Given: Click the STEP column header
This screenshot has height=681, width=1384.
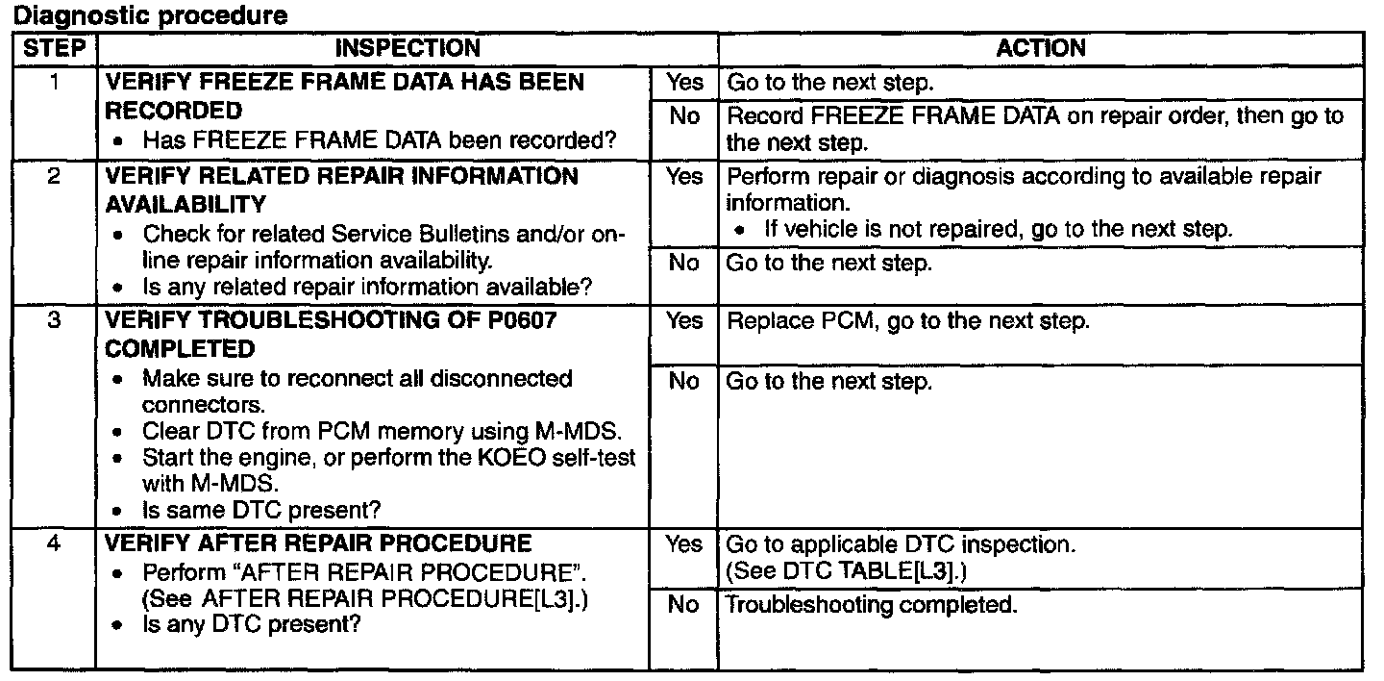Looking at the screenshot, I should click(54, 48).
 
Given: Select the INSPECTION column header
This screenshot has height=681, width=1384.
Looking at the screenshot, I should click(408, 48).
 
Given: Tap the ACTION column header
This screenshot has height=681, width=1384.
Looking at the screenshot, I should click(1041, 48).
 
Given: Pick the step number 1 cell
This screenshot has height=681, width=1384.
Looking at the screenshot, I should click(54, 83).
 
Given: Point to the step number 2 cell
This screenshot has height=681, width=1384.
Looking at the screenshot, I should click(54, 177).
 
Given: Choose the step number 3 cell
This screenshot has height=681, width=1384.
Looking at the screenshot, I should click(54, 320).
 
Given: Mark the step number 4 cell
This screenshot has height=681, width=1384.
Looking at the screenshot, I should click(54, 544).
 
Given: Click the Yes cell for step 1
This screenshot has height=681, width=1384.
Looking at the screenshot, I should click(684, 83).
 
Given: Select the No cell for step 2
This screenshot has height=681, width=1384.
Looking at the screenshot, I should click(684, 264).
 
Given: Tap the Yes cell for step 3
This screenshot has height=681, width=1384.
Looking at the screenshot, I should click(684, 320).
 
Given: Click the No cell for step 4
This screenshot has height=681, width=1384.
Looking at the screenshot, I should click(684, 606).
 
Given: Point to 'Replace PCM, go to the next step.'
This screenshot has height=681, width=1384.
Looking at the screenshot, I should click(908, 321).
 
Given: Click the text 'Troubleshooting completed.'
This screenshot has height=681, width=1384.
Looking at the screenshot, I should click(871, 606).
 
